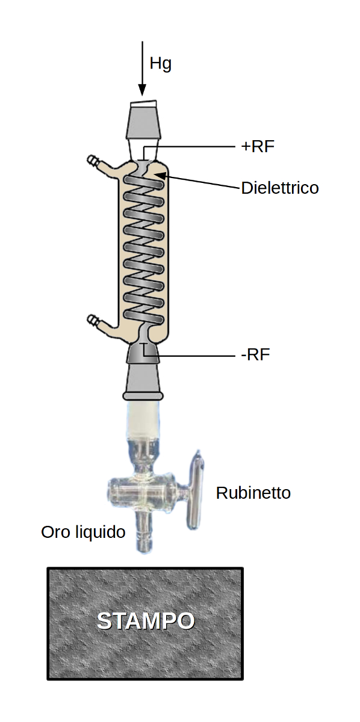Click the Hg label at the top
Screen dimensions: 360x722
[160, 64]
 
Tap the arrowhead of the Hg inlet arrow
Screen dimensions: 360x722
[142, 90]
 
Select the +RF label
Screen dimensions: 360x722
[258, 147]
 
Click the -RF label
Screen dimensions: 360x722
[255, 355]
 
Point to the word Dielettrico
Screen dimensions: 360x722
[280, 188]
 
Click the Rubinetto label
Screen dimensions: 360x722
[253, 493]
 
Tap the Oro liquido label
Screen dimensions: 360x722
[83, 532]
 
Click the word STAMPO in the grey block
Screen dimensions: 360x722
[146, 620]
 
